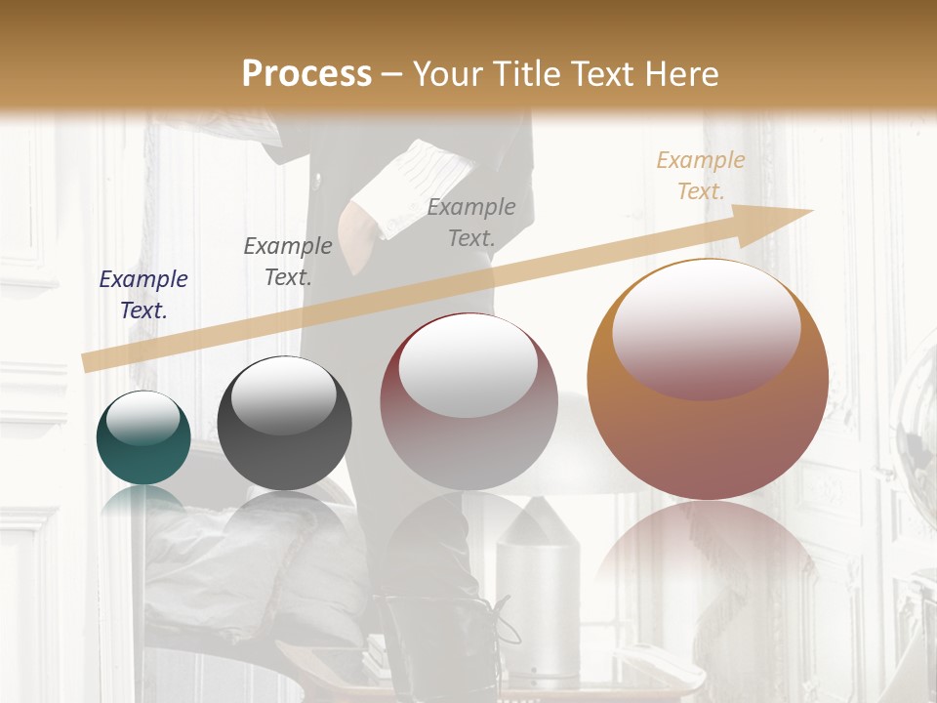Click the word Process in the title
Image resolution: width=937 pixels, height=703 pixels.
(306, 74)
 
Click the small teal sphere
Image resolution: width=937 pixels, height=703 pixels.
(143, 437)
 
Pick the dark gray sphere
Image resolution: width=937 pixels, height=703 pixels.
(284, 424)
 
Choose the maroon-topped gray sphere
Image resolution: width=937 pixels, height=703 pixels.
(468, 401)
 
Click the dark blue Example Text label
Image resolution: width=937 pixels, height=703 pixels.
(143, 295)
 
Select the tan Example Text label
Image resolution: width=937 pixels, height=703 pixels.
(700, 176)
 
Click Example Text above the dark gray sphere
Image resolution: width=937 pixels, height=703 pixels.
(288, 262)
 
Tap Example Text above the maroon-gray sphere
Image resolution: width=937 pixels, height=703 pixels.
(471, 222)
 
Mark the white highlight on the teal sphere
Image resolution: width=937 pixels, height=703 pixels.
(143, 418)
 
